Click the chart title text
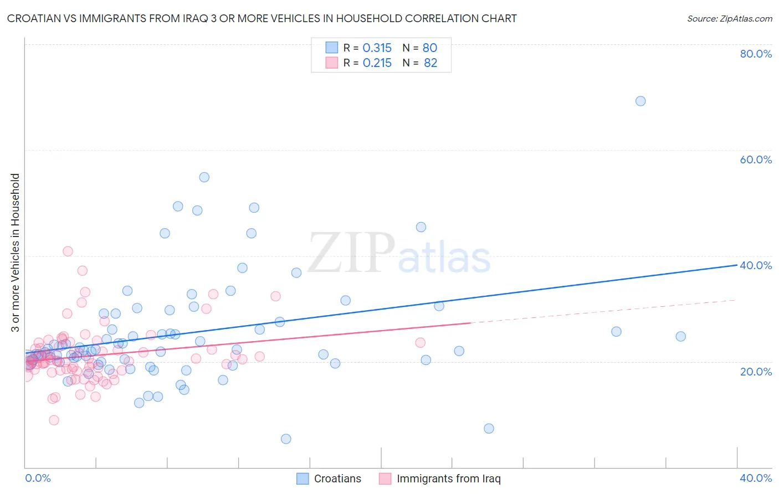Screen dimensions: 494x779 click(262, 18)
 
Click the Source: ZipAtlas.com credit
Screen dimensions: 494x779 click(729, 18)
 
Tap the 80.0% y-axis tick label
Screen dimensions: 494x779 click(756, 54)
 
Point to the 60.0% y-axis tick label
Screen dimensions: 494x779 click(756, 159)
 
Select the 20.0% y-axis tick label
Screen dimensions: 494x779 click(756, 371)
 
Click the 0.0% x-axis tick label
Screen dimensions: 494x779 click(38, 478)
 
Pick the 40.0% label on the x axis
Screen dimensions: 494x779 click(756, 478)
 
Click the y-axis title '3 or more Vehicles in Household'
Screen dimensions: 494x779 click(15, 253)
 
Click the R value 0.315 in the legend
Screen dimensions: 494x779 click(377, 48)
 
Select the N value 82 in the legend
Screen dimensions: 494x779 click(430, 63)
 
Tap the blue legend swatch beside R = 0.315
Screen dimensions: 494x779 click(331, 48)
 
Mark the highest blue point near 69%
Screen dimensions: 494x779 click(640, 101)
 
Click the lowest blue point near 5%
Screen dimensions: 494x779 click(286, 439)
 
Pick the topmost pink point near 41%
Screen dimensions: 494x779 click(68, 251)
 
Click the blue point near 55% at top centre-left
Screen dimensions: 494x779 click(204, 177)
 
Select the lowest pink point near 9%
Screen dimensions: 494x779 click(54, 420)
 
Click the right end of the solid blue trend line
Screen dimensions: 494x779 click(736, 265)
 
